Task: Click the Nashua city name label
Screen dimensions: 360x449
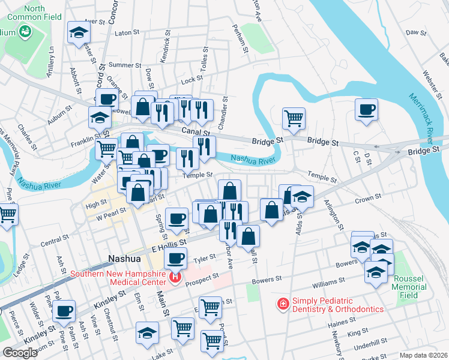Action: [x=124, y=259]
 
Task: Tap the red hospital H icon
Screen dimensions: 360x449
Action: [x=175, y=277]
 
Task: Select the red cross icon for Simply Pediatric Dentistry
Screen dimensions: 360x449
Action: [x=283, y=304]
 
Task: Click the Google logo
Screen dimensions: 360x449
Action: [x=20, y=353]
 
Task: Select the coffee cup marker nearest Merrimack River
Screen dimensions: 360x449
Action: [x=366, y=110]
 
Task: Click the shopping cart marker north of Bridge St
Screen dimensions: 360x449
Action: [x=294, y=118]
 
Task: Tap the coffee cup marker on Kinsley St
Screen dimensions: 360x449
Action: [x=64, y=311]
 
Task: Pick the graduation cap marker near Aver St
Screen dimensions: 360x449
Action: [x=78, y=32]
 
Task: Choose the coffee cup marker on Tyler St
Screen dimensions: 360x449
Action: [x=175, y=258]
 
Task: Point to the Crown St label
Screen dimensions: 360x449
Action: [x=368, y=197]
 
